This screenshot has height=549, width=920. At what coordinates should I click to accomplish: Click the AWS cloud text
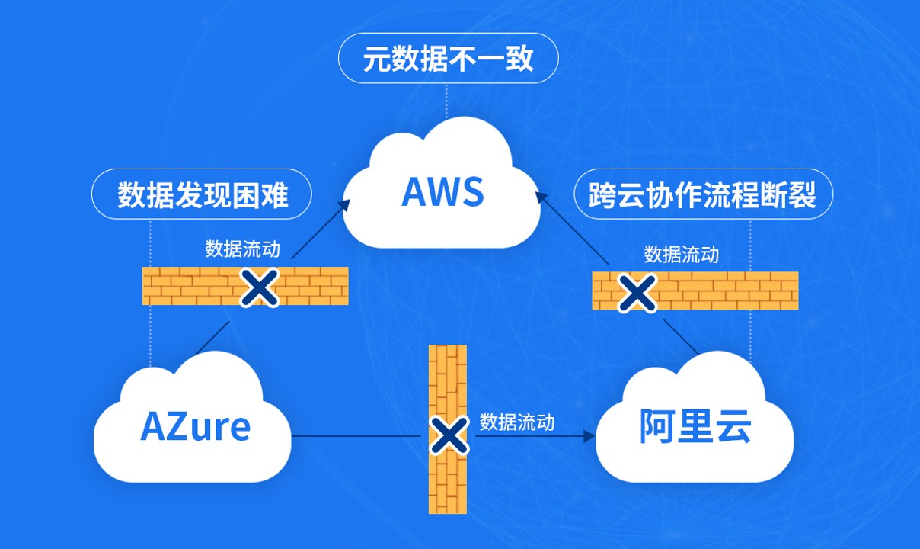[442, 191]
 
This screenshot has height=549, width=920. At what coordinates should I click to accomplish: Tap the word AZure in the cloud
[195, 426]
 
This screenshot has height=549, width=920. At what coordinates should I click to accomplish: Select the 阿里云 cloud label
[695, 426]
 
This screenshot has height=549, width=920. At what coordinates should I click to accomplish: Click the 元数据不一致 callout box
[448, 59]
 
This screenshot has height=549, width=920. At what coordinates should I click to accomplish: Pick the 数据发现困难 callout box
[202, 194]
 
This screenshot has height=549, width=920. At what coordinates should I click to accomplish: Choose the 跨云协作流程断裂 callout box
[702, 194]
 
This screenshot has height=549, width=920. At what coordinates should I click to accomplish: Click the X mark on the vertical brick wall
[449, 435]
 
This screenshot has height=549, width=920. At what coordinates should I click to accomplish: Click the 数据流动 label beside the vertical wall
[517, 422]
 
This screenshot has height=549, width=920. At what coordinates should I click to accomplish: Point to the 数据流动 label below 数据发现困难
[242, 249]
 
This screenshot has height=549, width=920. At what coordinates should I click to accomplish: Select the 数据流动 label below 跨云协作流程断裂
[681, 254]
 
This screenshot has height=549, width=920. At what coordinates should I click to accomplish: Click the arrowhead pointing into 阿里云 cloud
[589, 437]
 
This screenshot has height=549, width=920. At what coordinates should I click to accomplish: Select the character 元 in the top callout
[372, 59]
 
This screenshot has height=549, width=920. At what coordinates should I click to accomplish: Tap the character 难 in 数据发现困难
[275, 195]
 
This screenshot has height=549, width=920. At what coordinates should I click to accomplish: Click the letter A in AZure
[153, 426]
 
